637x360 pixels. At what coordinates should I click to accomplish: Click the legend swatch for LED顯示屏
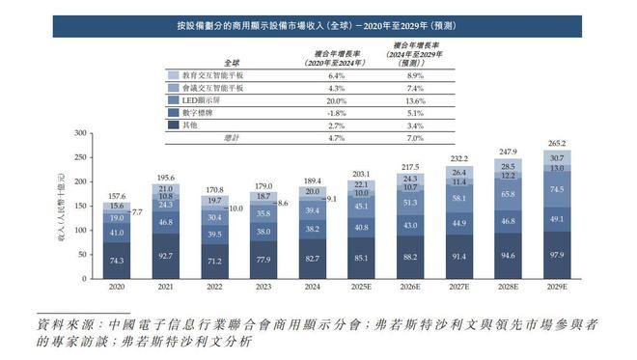(173, 99)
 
